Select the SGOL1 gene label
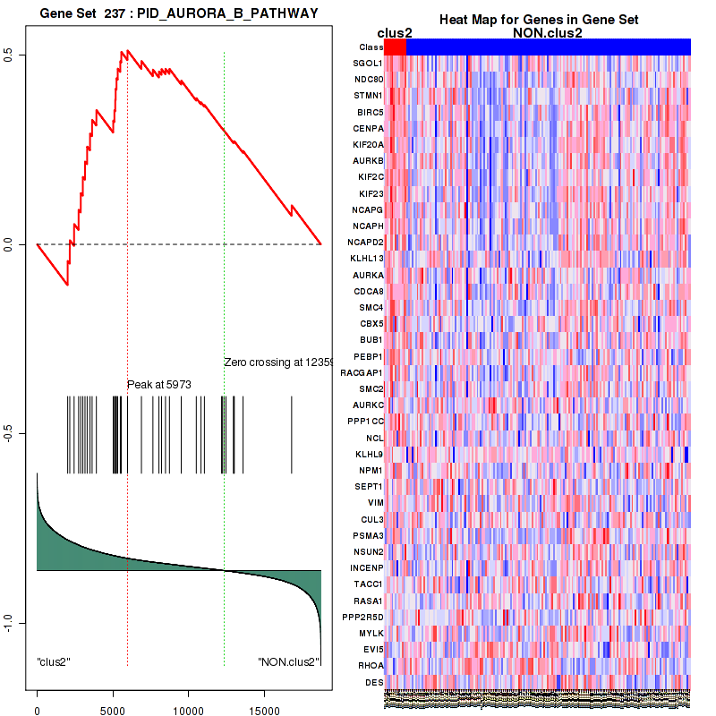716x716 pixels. pos(368,64)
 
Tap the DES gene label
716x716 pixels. pos(375,682)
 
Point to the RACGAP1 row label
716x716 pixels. pos(362,372)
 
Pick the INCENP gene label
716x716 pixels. pos(367,567)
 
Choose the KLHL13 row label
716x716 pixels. pos(367,259)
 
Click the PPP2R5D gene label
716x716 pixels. pos(364,617)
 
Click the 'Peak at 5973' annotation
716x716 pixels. pos(159,385)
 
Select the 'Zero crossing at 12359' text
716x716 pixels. pos(277,362)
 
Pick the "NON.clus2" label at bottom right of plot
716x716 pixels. pos(288,662)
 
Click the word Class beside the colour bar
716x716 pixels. pos(370,47)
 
